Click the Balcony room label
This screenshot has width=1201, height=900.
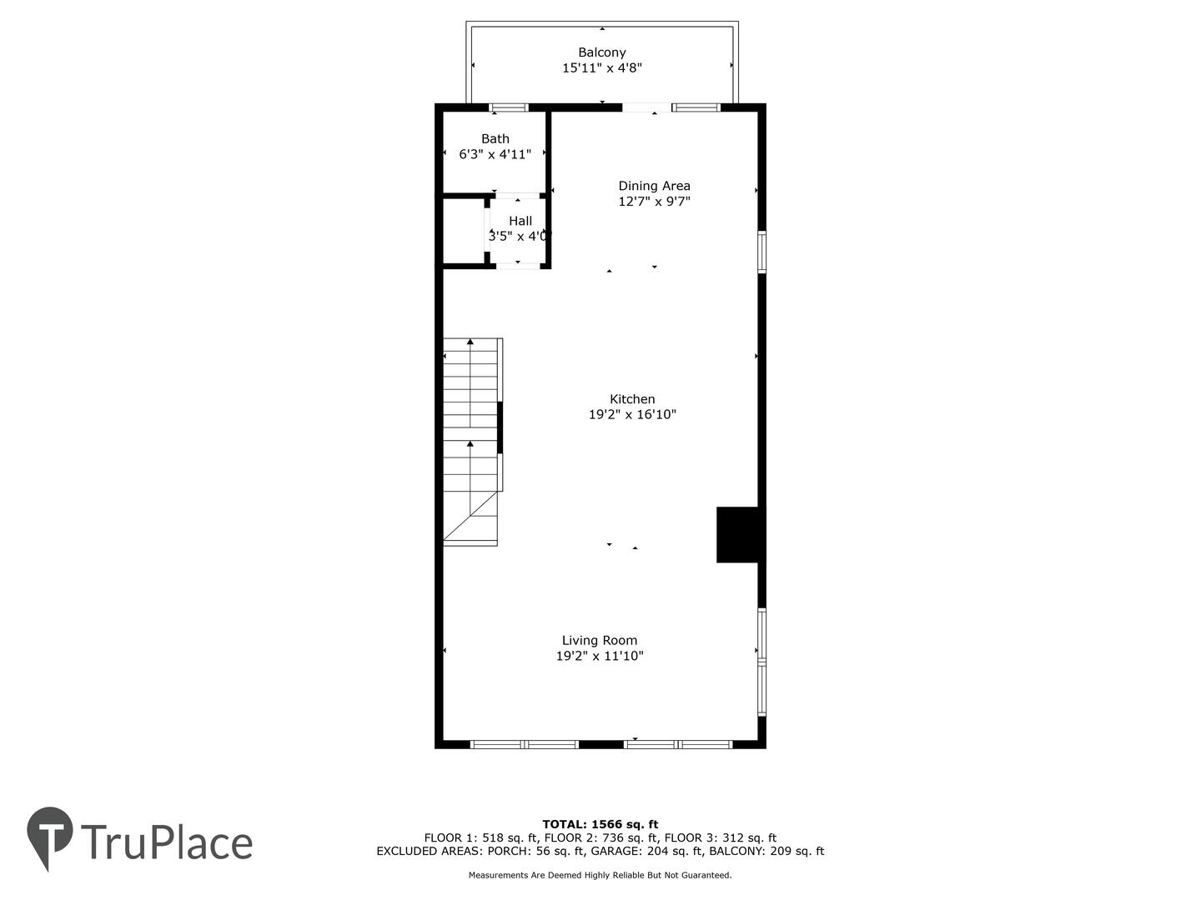601,52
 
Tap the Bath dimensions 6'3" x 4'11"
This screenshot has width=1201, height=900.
495,155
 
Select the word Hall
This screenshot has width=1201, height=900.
520,221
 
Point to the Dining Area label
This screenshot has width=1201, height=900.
654,186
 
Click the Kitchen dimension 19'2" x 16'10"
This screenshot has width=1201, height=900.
632,415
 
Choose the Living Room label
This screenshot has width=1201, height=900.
599,641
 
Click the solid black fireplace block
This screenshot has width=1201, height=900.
737,535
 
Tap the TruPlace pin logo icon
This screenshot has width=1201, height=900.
50,836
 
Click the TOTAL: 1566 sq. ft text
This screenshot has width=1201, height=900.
600,825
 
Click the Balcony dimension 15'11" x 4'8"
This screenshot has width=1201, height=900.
602,68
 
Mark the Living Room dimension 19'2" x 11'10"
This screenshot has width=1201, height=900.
600,657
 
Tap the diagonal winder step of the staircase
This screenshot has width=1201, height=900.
470,516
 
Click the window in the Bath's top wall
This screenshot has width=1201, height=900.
509,107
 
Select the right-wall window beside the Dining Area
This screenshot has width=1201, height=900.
761,252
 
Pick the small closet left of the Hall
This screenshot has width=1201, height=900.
464,231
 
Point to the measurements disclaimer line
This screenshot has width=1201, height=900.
600,875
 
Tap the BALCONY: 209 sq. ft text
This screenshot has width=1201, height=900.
766,852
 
